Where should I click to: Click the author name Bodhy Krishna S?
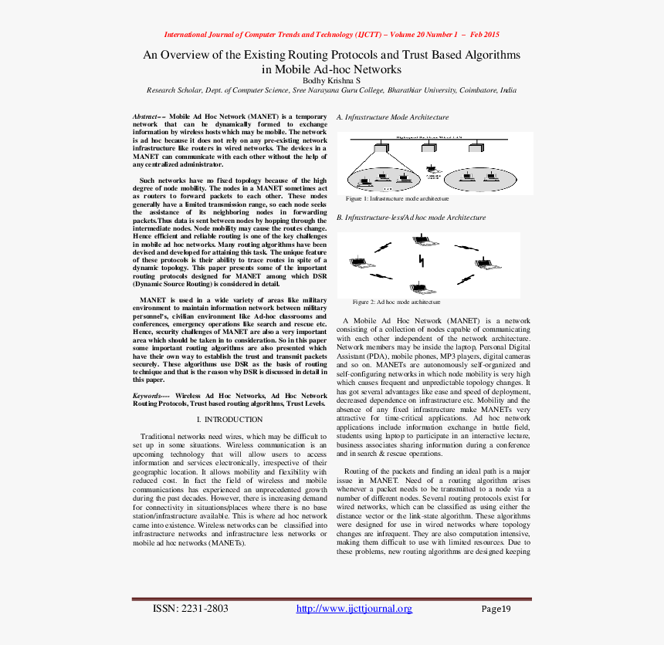coord(331,80)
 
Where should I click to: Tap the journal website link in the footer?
coord(354,609)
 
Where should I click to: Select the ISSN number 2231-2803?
coord(191,609)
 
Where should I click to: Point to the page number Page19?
coord(496,609)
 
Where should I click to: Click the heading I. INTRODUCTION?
coord(230,420)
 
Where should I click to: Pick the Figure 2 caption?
coord(396,302)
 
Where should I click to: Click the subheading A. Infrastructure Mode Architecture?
coord(392,117)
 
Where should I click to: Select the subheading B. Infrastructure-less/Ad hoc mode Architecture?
coord(411,218)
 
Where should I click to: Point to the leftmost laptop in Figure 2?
coord(357,263)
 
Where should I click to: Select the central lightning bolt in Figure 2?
coord(420,262)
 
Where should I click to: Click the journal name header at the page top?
coord(332,35)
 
